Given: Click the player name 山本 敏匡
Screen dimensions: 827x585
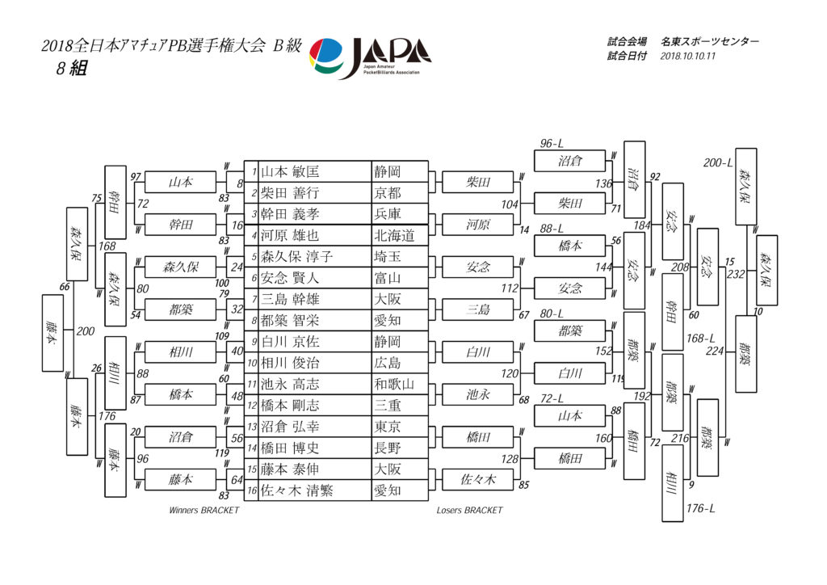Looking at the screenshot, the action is [x=290, y=172].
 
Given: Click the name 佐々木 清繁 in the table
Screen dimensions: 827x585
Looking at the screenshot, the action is [x=297, y=491].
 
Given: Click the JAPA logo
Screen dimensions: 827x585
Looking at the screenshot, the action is [x=370, y=57].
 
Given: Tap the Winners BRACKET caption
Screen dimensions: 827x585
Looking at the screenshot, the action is [x=204, y=510].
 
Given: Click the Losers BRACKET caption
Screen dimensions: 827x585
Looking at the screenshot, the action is [x=469, y=510].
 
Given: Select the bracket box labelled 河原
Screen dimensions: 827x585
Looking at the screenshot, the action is [x=478, y=225].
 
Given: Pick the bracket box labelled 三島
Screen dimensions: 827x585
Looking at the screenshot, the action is [x=478, y=309].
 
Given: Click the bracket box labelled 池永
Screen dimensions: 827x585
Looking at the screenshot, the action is [x=478, y=394].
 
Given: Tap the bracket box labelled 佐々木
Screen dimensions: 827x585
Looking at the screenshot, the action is [x=478, y=479].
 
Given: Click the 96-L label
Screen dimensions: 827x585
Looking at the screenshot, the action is [x=552, y=144].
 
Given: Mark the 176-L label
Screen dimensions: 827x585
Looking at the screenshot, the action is [x=700, y=508].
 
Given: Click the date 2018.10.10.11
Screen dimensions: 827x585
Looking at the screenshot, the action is [x=688, y=56].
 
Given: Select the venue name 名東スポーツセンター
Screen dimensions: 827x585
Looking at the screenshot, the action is [x=710, y=42].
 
